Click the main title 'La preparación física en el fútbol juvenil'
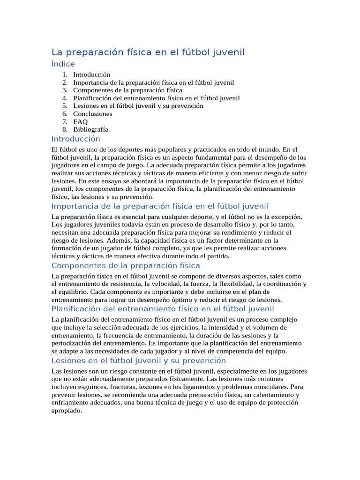click(148, 52)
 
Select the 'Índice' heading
click(63, 64)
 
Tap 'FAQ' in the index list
click(80, 121)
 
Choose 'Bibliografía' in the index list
click(90, 129)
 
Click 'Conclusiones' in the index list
click(92, 113)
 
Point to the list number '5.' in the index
click(65, 106)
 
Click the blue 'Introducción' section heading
click(75, 139)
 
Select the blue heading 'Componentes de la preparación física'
click(126, 266)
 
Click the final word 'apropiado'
click(67, 411)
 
